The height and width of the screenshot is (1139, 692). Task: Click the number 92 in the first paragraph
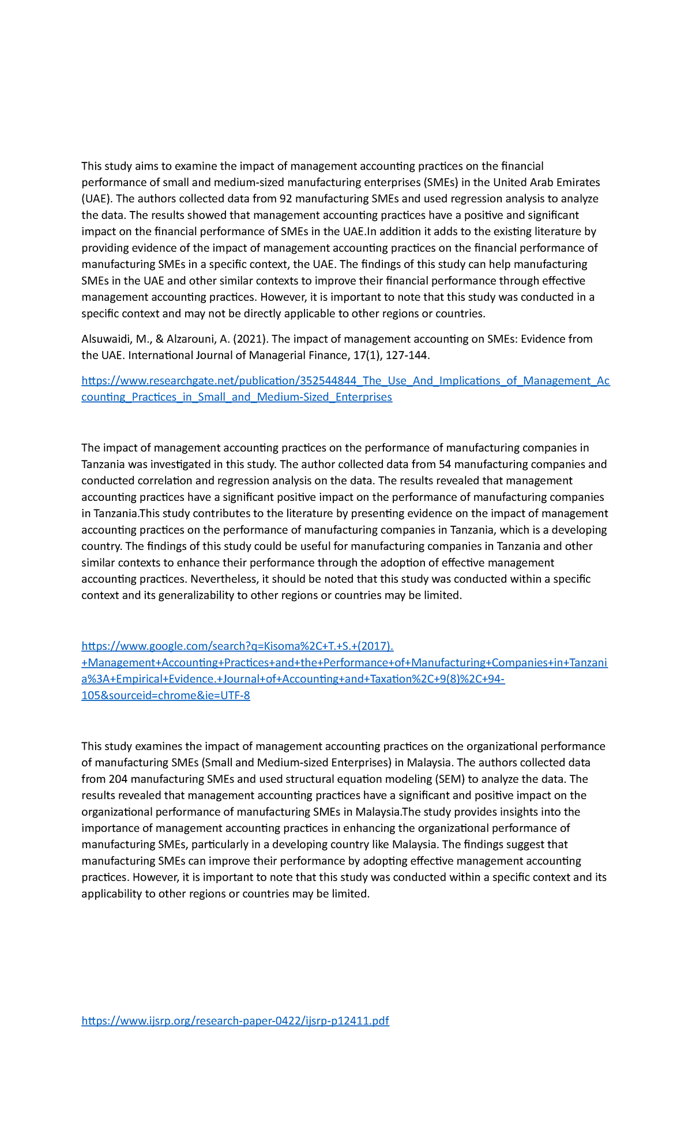coord(285,199)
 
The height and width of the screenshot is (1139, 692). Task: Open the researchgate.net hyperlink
coord(345,381)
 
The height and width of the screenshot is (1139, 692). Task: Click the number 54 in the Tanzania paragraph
coord(445,465)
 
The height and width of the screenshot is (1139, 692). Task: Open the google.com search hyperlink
coord(237,647)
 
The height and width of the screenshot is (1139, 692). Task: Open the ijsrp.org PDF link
coord(235,1021)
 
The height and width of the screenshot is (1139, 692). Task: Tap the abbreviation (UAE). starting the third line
coord(97,199)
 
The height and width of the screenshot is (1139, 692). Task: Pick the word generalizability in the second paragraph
coord(192,595)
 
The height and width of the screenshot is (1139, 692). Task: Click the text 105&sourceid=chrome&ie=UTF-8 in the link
coord(166,696)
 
